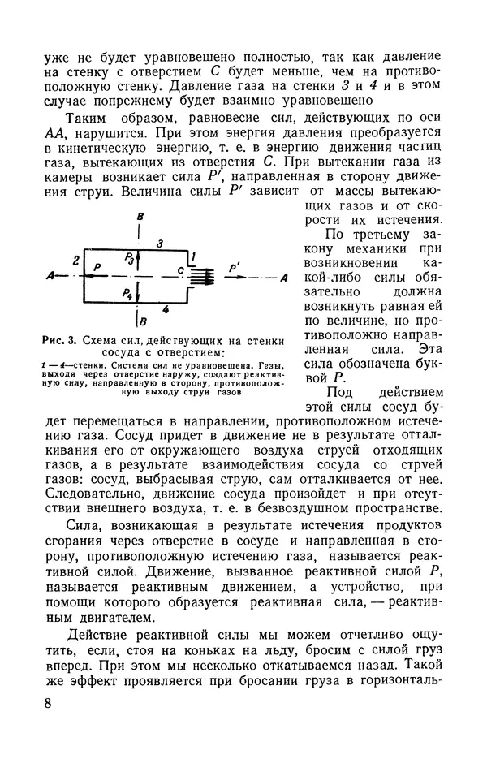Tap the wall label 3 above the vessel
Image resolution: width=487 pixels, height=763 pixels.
pyautogui.click(x=160, y=243)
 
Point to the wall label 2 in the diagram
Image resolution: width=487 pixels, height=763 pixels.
pyautogui.click(x=75, y=261)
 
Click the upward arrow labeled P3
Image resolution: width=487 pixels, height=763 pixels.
pyautogui.click(x=140, y=257)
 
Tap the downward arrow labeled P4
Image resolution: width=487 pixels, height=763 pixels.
pyautogui.click(x=140, y=294)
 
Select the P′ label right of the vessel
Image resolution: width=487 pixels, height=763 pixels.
pyautogui.click(x=235, y=265)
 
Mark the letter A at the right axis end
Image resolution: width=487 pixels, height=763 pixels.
pyautogui.click(x=282, y=278)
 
